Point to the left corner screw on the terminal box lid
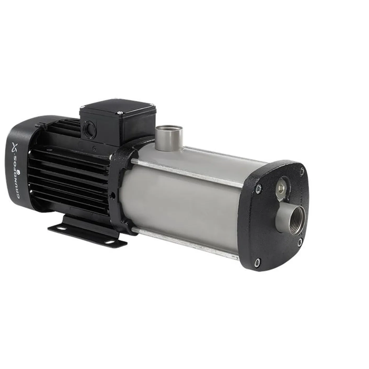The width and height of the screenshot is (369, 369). click(x=83, y=108)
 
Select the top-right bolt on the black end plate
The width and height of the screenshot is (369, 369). click(x=302, y=172)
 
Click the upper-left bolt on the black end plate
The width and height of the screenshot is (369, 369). click(x=258, y=189)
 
